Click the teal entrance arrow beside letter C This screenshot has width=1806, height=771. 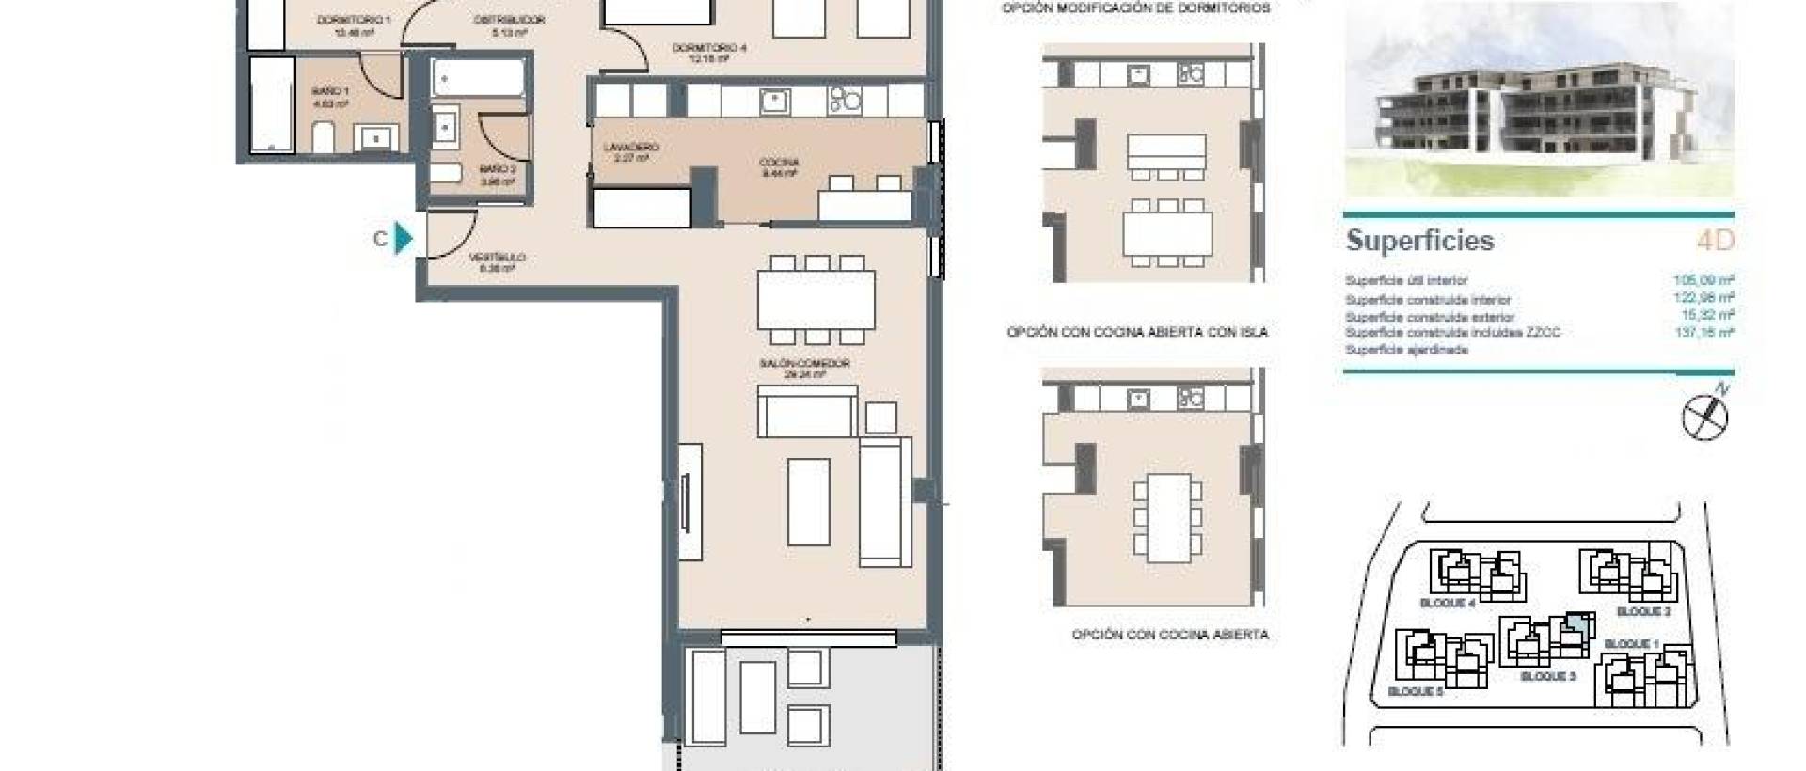[404, 238]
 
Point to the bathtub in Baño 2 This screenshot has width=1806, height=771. [478, 79]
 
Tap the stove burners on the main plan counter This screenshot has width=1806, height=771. [844, 100]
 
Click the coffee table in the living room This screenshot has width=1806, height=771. [808, 501]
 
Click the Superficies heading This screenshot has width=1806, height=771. [1419, 241]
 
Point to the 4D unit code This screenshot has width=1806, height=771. [1715, 241]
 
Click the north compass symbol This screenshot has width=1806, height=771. [1704, 416]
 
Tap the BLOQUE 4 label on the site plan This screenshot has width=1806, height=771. [1447, 604]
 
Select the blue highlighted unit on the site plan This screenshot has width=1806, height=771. [1577, 622]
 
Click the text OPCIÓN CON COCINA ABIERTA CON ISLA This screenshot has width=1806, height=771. [1137, 332]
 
